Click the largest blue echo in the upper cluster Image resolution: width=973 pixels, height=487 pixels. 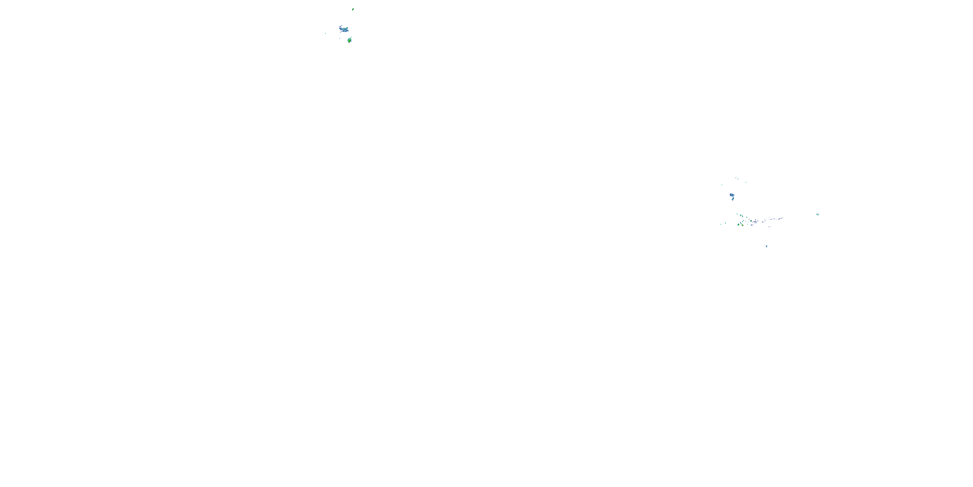(344, 30)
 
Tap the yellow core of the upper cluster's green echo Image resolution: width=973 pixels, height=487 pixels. (349, 41)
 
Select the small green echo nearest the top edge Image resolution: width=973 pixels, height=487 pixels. (353, 9)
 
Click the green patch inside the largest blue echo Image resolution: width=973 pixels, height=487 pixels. (346, 28)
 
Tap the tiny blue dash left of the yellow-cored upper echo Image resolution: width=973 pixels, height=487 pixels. (340, 38)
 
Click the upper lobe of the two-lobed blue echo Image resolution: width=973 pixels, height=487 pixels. (732, 195)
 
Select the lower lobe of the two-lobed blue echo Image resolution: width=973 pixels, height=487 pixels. (733, 199)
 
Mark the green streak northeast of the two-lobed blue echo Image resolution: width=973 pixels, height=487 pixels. (746, 182)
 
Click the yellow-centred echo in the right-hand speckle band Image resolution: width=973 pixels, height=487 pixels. (743, 225)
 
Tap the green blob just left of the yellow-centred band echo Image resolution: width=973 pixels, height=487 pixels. (739, 225)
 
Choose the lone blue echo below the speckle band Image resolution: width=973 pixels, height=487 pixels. (766, 246)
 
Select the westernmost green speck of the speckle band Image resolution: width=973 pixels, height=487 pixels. (721, 225)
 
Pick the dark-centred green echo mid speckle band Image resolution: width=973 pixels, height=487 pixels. (751, 221)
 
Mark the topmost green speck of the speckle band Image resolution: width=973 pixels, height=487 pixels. (737, 214)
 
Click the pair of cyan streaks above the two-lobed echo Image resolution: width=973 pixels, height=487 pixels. (737, 178)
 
